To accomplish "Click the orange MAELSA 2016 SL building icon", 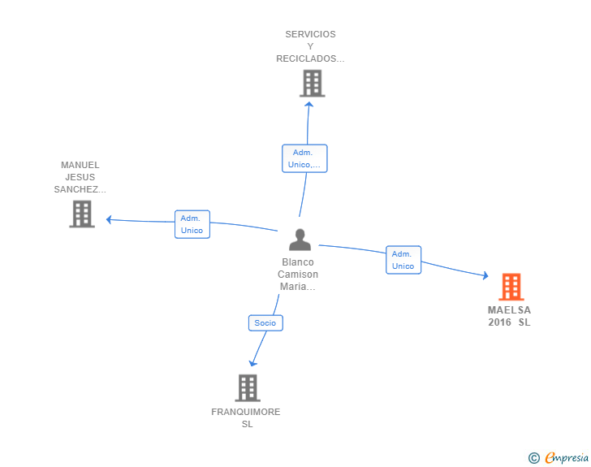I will click(511, 287).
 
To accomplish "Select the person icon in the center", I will click(300, 240).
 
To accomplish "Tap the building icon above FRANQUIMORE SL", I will click(248, 387).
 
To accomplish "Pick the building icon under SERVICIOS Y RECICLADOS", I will click(312, 83).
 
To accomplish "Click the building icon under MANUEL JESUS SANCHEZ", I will click(82, 214).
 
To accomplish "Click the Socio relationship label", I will click(265, 322).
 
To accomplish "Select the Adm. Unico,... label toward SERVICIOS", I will click(304, 158).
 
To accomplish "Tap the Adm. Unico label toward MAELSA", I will click(403, 260).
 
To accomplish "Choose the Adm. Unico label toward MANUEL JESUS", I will click(192, 224).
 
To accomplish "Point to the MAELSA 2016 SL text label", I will click(510, 316).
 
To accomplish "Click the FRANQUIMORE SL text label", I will click(246, 417).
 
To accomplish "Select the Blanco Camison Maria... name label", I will click(298, 275).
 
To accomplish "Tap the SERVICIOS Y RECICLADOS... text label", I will click(310, 46).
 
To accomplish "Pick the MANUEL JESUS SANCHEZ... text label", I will click(80, 177).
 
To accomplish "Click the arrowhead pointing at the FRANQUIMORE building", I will click(252, 362).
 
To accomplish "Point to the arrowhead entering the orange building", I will click(485, 277).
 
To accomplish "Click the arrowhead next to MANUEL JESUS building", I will click(109, 219).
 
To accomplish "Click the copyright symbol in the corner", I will click(533, 458).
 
